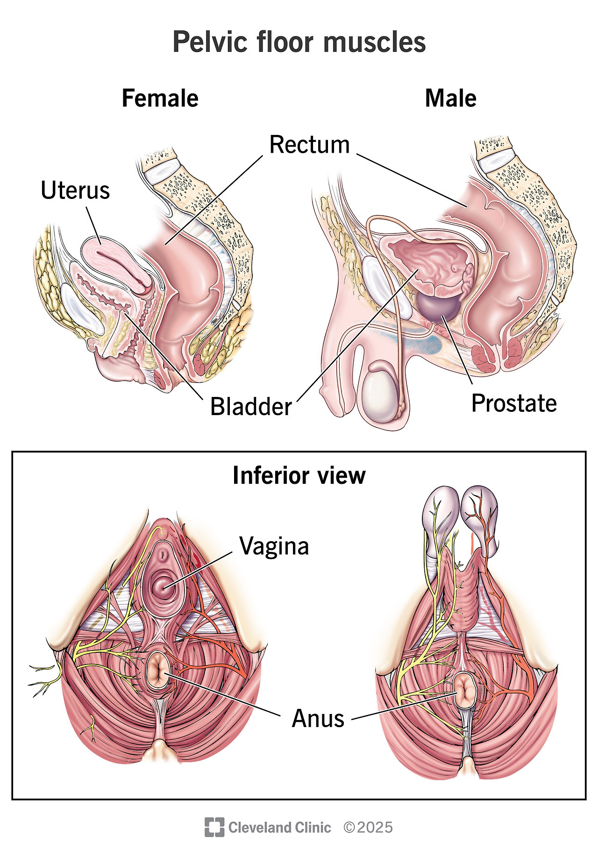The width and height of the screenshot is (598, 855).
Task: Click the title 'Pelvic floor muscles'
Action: coord(299,42)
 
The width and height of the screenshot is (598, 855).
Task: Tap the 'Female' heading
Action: coord(160,99)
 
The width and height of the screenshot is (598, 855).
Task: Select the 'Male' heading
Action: coord(450,99)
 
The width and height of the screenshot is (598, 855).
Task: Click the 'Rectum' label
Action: coord(309,145)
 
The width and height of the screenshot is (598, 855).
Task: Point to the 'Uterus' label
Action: coord(75,191)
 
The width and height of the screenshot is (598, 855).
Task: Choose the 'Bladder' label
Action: coord(251,406)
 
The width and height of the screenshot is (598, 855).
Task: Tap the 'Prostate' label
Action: coord(514,403)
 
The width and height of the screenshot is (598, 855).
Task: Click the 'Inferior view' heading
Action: coord(299,475)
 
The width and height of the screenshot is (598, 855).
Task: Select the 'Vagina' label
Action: coord(274,545)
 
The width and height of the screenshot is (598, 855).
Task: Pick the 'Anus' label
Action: coord(318,718)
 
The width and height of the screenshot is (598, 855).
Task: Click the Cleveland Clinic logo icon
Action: coord(214,827)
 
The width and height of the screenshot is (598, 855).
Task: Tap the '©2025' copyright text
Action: coord(368,827)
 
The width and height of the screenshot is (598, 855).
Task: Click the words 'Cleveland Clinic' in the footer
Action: coord(279,827)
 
